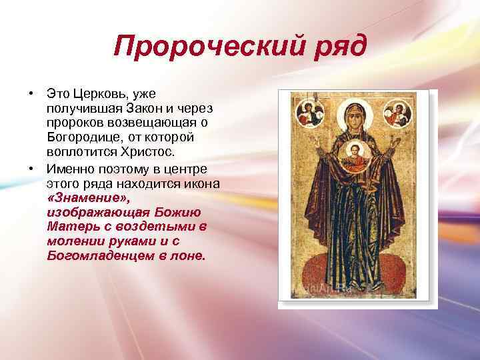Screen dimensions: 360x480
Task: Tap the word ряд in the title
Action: (x=340, y=47)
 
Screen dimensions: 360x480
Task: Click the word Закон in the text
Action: (x=145, y=107)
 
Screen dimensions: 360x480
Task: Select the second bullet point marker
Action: (x=31, y=167)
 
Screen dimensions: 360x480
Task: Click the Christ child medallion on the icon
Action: (x=357, y=155)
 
